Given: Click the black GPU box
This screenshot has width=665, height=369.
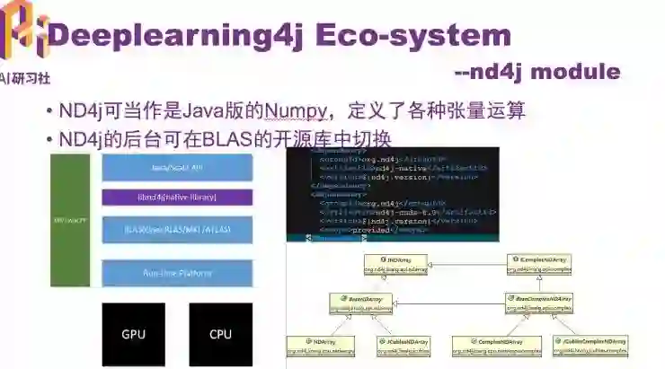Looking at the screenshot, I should click(x=133, y=334).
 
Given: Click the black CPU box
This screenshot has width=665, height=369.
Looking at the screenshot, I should click(x=220, y=334).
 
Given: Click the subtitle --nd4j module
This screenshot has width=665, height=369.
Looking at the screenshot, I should click(x=536, y=72).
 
